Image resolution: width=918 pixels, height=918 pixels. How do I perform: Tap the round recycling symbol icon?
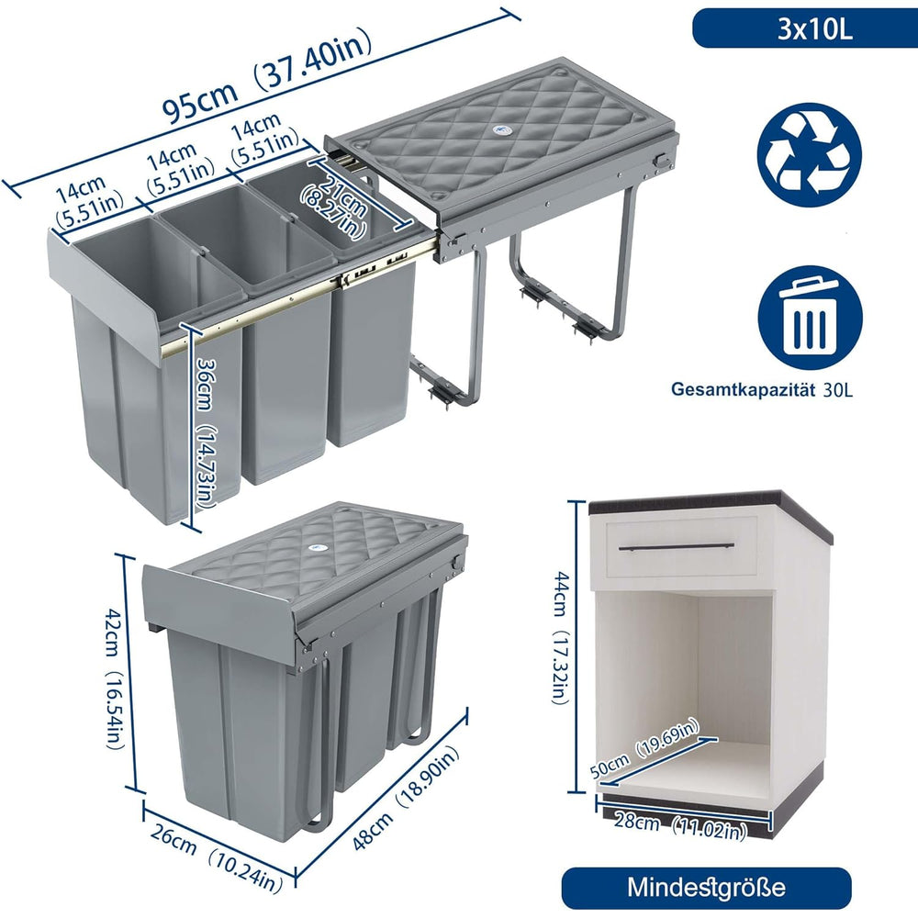(810, 155)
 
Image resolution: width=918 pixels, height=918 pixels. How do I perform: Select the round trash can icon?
(811, 319)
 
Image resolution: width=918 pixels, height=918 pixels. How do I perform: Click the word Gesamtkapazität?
(743, 389)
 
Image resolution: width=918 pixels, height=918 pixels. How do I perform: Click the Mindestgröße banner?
(706, 887)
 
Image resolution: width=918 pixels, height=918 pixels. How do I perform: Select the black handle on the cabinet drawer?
(677, 547)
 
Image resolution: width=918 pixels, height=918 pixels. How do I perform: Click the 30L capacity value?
(837, 390)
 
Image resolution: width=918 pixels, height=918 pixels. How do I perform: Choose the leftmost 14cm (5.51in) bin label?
(88, 201)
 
